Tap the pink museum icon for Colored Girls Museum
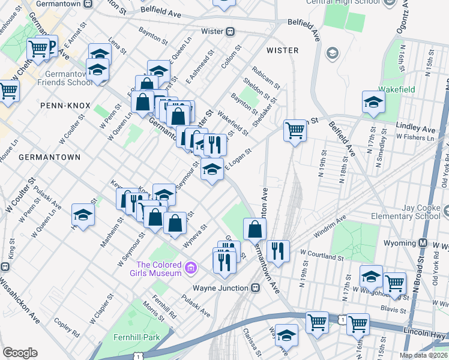191,267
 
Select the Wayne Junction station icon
255,287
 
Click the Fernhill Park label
136,337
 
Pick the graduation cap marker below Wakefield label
373,102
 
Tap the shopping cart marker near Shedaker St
295,130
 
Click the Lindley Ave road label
415,129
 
